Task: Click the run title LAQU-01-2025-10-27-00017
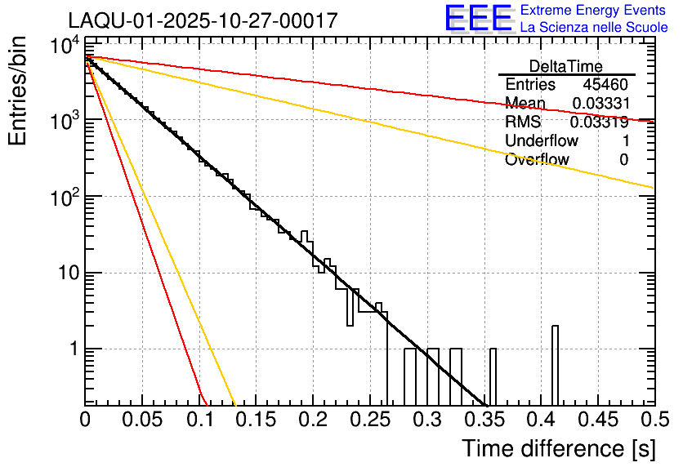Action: click(x=203, y=21)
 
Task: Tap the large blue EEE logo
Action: click(x=478, y=19)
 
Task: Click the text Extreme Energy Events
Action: click(x=594, y=11)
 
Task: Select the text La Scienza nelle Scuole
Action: click(x=594, y=28)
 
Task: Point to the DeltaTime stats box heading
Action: click(x=566, y=66)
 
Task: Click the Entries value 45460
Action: click(x=605, y=85)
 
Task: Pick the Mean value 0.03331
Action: click(x=600, y=103)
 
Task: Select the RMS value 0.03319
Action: click(x=600, y=122)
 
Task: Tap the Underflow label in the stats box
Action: click(x=542, y=141)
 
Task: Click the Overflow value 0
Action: click(x=623, y=160)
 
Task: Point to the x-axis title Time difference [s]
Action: click(x=558, y=448)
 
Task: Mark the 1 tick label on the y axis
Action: click(x=72, y=349)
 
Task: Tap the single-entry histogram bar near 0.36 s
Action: click(x=493, y=376)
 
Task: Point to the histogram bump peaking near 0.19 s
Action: click(x=306, y=238)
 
